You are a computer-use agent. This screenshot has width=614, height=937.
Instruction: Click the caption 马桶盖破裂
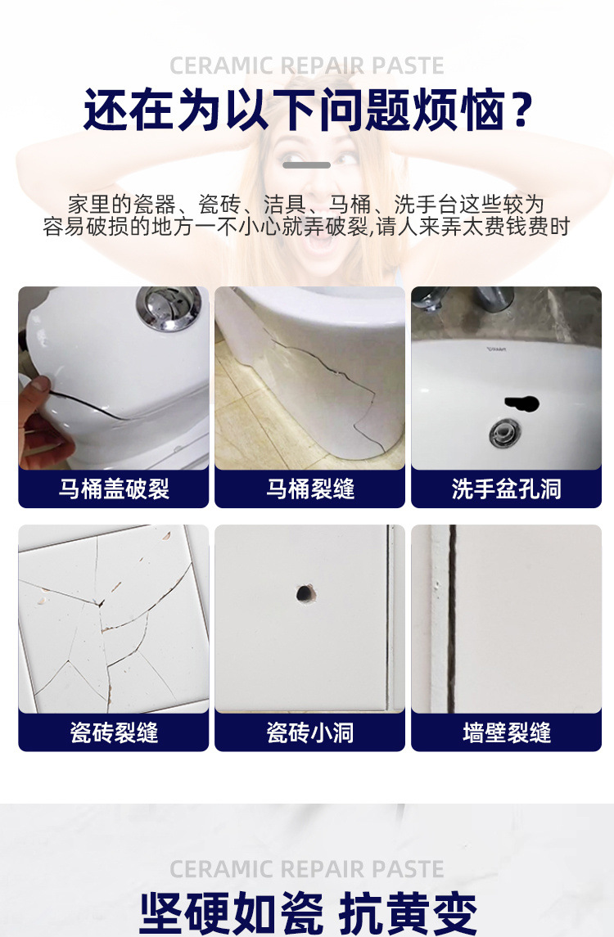(x=114, y=489)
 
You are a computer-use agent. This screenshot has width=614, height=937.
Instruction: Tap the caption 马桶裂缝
(x=310, y=489)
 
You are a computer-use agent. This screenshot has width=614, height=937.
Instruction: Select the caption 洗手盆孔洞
(x=506, y=489)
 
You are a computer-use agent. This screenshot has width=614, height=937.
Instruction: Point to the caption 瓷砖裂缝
(x=114, y=732)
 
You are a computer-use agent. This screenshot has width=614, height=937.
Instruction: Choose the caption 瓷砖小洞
(x=310, y=732)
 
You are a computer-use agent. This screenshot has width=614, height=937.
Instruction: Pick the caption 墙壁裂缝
(x=506, y=732)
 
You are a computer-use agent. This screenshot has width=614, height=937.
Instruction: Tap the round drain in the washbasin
(x=504, y=431)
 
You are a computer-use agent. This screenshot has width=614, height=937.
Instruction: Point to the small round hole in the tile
(x=305, y=592)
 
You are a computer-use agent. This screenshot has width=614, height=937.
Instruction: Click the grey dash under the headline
(x=307, y=165)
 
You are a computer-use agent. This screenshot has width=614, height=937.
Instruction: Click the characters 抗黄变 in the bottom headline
(x=407, y=912)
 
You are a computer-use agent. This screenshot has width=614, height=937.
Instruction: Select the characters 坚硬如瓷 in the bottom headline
(x=230, y=912)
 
